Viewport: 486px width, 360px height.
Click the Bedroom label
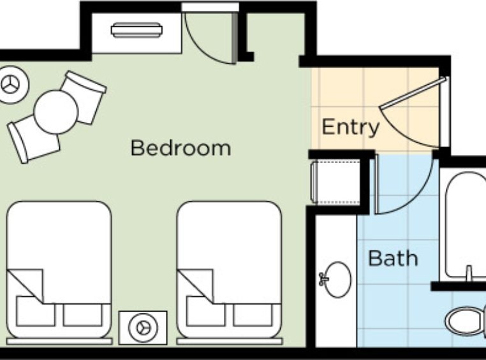coord(180,148)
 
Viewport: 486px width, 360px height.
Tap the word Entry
coord(351,127)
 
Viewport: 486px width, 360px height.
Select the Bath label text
coord(393,258)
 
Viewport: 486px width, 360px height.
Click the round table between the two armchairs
coord(56,112)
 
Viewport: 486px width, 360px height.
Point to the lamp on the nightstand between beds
coord(143,328)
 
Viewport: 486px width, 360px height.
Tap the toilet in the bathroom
coord(466,321)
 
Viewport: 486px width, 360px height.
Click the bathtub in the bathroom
coord(465,225)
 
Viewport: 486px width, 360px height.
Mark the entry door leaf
coord(413,92)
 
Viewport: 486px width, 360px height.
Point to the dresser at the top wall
coord(136,32)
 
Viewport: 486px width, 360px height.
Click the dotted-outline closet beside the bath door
coord(335,182)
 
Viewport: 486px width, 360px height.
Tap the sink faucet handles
coord(323,279)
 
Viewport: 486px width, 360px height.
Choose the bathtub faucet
coord(469,273)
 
